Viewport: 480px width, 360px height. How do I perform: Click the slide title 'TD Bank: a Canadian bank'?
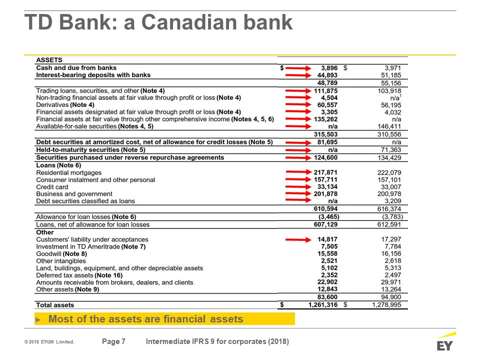(158, 22)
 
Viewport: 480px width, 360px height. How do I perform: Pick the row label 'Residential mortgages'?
(69, 172)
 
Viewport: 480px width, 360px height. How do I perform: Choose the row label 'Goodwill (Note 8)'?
(61, 254)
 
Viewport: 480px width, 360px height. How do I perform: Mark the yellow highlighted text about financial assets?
(145, 319)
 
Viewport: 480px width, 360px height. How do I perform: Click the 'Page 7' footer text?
(113, 342)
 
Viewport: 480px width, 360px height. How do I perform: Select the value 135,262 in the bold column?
(325, 119)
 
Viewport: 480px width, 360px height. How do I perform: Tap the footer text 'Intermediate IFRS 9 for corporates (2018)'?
(217, 342)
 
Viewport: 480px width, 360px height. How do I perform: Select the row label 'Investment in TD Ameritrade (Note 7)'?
(91, 247)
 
